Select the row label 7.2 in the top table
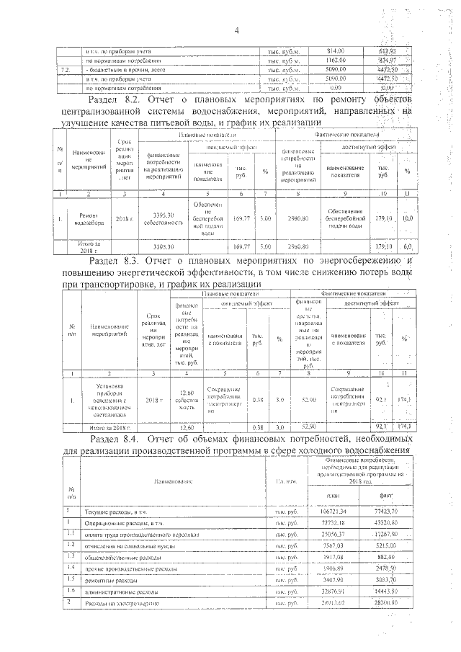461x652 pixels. (x=66, y=70)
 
